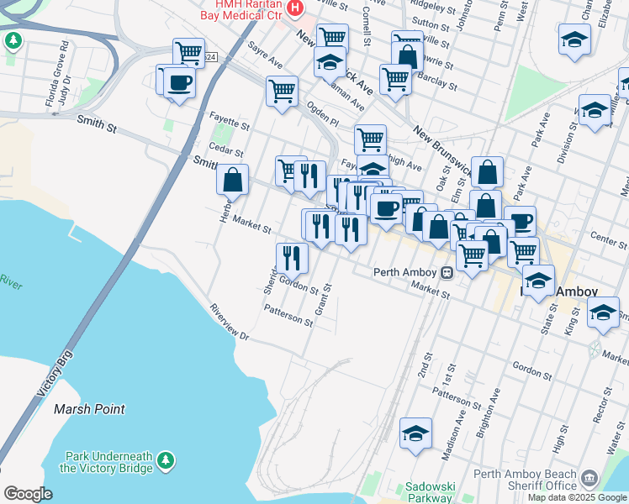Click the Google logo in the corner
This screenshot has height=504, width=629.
(28, 494)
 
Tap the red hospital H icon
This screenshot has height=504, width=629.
(294, 9)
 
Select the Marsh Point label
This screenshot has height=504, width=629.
(89, 409)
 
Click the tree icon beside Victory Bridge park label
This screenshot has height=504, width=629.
(166, 460)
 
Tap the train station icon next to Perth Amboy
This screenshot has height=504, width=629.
(447, 272)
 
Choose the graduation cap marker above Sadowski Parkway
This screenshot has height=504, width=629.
(415, 434)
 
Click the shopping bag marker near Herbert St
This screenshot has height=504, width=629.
(233, 179)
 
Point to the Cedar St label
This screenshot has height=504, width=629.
(225, 152)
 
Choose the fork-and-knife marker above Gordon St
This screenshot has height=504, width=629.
(292, 257)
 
